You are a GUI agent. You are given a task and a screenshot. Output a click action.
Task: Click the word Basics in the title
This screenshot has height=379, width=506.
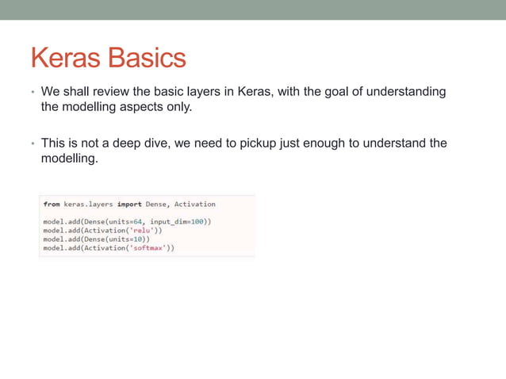click(146, 58)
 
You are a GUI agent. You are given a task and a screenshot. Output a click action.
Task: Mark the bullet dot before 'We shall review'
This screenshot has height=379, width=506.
click(33, 92)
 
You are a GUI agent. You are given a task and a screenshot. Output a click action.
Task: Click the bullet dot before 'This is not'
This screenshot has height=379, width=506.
click(33, 144)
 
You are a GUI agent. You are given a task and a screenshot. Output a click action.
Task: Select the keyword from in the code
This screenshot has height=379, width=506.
click(52, 204)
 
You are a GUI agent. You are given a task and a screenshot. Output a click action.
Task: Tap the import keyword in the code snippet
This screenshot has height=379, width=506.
click(129, 204)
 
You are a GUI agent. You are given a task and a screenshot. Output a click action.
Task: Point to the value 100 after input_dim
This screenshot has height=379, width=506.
click(197, 221)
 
